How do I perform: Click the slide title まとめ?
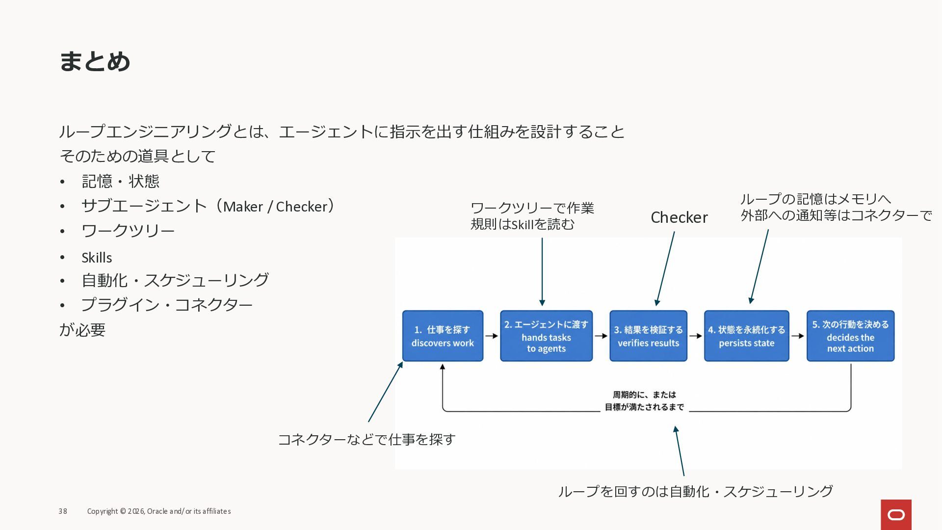[95, 62]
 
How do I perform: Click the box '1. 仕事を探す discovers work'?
[443, 336]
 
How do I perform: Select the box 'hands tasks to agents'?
[546, 336]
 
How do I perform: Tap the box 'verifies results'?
[648, 336]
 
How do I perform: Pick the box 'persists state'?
[746, 336]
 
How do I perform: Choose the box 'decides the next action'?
[850, 336]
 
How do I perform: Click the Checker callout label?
[679, 217]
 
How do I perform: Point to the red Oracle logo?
[896, 515]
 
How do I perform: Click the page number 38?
[63, 511]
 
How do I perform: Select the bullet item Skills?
[97, 258]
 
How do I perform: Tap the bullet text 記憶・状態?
[120, 182]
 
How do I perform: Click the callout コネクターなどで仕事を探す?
[366, 440]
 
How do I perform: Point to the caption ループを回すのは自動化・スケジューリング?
[695, 491]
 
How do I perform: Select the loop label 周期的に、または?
[644, 395]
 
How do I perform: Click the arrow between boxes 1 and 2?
[492, 336]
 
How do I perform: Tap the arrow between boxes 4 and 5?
[798, 336]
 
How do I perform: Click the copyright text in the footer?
[159, 511]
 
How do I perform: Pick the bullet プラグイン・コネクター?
[167, 305]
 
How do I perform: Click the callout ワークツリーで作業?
[532, 208]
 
